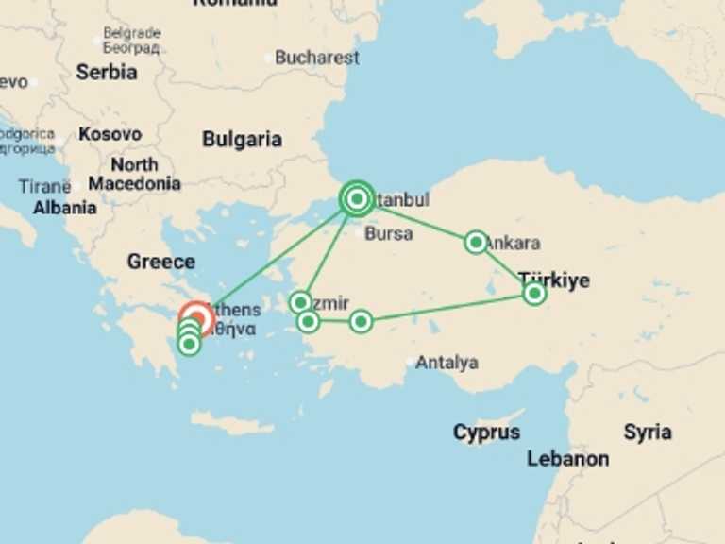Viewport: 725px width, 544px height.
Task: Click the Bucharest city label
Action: tap(316, 58)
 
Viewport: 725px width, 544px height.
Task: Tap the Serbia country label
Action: tap(106, 72)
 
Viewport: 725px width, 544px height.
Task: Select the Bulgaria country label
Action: tap(242, 140)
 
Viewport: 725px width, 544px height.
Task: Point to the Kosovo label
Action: tap(110, 134)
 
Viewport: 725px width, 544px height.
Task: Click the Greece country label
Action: tap(160, 262)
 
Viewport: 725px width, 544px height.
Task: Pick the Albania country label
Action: tap(64, 208)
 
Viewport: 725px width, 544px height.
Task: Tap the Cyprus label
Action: tap(486, 433)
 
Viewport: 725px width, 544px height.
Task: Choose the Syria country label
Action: tap(648, 433)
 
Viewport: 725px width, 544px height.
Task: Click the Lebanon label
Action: tap(567, 459)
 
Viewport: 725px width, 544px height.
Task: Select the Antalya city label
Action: tap(447, 363)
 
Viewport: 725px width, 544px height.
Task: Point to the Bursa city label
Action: tap(388, 233)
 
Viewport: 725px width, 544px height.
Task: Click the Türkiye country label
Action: tap(554, 280)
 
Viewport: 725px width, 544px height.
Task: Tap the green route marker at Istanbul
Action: tap(357, 198)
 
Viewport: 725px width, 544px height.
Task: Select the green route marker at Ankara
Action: tap(477, 243)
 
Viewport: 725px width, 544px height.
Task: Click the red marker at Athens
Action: tap(196, 318)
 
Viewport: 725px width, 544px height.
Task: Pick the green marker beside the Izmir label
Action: tap(300, 302)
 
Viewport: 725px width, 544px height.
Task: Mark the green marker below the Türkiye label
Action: tap(534, 294)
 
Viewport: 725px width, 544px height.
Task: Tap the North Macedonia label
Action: tap(134, 174)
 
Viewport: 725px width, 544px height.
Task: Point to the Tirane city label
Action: tap(43, 186)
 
